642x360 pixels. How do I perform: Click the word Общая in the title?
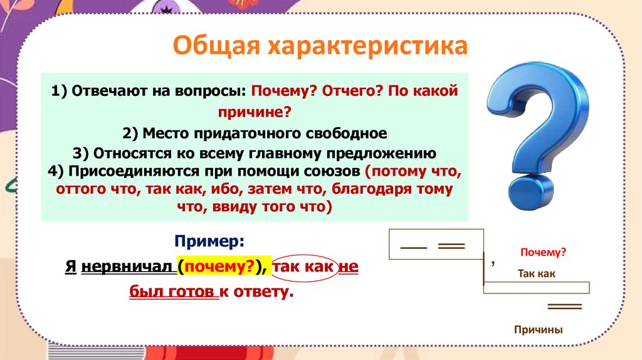216,45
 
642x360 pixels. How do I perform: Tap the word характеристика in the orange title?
368,45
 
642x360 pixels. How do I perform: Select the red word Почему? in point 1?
285,90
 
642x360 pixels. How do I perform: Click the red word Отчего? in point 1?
352,90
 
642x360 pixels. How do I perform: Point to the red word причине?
255,112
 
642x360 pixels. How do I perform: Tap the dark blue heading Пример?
209,241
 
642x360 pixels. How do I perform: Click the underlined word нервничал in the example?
127,267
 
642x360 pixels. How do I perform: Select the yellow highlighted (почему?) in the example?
223,267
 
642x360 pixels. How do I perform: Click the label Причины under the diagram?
539,330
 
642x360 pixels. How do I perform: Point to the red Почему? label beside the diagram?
543,252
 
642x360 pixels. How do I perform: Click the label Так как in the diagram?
537,273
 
